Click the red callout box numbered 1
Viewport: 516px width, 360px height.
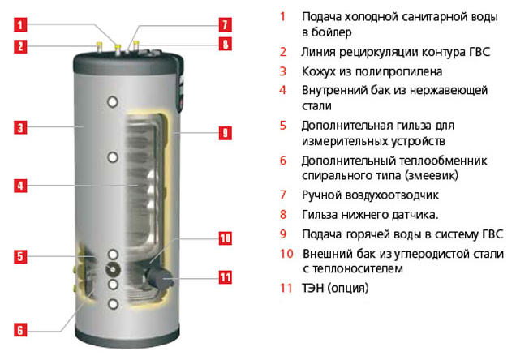(x=20, y=25)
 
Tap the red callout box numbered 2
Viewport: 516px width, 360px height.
(x=20, y=46)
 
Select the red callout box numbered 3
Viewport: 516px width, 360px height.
(x=20, y=127)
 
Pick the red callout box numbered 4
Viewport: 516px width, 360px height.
(x=20, y=186)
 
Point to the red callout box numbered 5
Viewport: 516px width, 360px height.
(x=20, y=256)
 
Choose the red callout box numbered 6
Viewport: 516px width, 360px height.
(x=20, y=330)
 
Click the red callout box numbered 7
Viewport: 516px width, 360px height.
(x=226, y=24)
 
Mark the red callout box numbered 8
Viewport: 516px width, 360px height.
(x=226, y=44)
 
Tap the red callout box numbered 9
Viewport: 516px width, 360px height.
(x=226, y=133)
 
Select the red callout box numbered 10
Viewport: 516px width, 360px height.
(x=226, y=238)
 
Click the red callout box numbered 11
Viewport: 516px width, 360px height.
(x=226, y=277)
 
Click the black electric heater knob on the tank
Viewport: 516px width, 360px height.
(x=159, y=278)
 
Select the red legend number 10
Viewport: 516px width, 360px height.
(x=286, y=254)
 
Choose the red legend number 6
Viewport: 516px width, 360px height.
(x=283, y=161)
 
